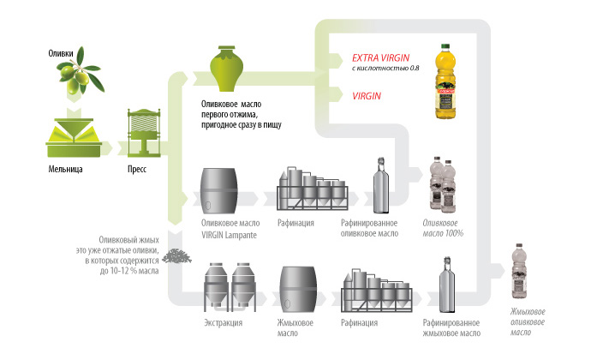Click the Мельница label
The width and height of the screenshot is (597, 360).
(65, 170)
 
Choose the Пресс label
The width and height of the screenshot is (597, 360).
(137, 170)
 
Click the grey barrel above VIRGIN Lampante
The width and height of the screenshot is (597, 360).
(220, 191)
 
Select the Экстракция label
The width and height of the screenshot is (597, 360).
(222, 323)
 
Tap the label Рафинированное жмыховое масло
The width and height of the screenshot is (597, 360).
(451, 328)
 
